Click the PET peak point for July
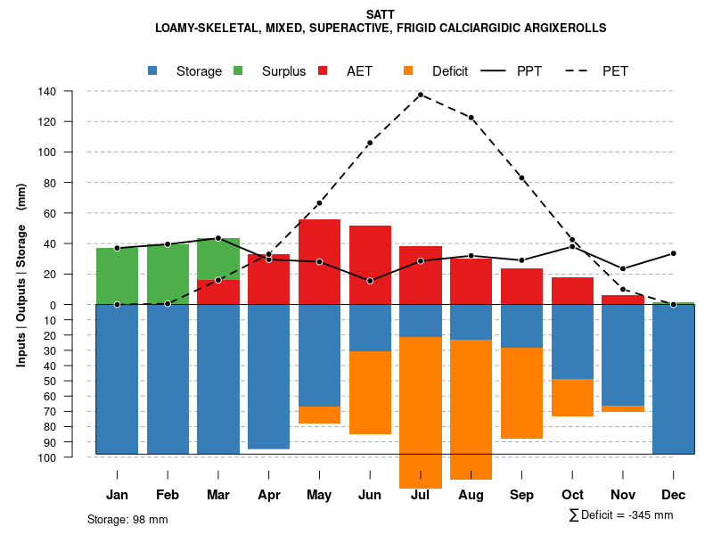(x=421, y=95)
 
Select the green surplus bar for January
(x=117, y=276)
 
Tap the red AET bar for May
(x=319, y=261)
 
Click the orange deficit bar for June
(x=370, y=392)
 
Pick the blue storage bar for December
(x=673, y=379)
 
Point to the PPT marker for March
(x=218, y=238)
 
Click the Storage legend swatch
(x=153, y=71)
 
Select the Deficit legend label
(x=450, y=71)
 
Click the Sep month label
(x=521, y=495)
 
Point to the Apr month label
(x=269, y=495)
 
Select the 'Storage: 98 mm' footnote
(x=127, y=519)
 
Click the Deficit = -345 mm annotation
(x=621, y=515)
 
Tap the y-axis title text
(x=21, y=275)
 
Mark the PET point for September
(x=521, y=178)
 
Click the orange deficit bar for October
(x=572, y=398)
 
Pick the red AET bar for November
(x=623, y=300)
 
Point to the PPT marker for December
(x=673, y=253)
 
